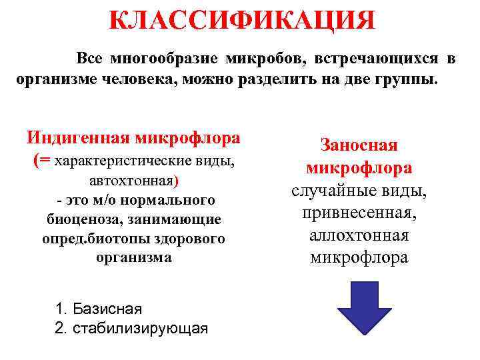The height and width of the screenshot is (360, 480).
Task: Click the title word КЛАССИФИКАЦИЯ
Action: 241,20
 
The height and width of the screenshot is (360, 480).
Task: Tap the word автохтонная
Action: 131,180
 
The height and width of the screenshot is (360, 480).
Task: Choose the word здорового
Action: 189,238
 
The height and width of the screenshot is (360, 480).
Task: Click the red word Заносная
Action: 359,145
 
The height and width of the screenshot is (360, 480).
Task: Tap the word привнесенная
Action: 359,213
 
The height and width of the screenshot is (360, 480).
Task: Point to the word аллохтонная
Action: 359,235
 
